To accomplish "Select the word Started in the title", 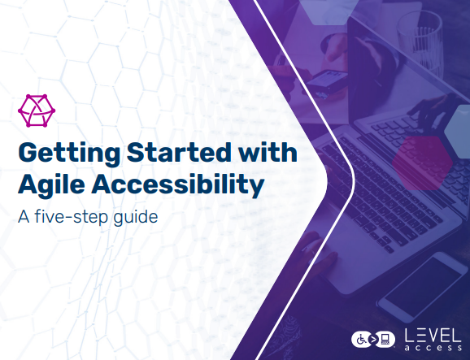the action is click(179, 153).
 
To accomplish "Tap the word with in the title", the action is click(268, 152).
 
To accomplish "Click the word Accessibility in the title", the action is click(178, 185).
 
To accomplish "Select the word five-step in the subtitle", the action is click(71, 217).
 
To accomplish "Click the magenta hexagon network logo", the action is click(37, 111).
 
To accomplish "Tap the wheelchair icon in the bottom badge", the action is click(362, 340).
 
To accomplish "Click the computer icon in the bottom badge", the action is click(385, 339).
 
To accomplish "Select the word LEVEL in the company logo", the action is click(433, 336).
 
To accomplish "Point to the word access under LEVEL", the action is click(433, 348).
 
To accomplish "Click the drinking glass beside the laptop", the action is click(420, 42).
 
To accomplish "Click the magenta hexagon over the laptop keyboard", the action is click(422, 163).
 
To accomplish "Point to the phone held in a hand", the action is click(327, 81).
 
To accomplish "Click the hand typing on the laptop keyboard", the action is click(432, 111).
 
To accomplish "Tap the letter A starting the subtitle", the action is click(24, 217).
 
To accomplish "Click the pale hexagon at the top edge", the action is click(329, 11).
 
